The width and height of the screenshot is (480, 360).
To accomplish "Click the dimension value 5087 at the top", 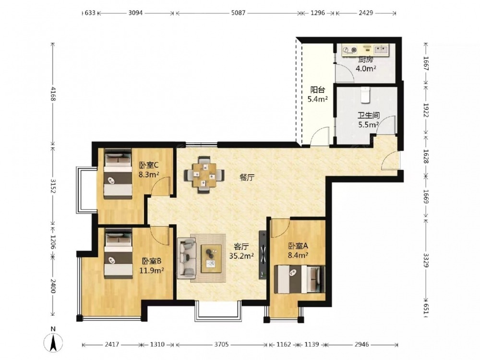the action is [238, 13].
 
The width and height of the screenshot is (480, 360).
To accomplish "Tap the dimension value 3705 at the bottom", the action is [221, 344].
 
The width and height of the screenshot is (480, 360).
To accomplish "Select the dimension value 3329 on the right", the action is [426, 260].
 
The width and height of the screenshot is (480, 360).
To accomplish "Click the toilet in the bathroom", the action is [365, 95].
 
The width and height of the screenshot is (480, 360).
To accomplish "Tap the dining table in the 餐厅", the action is [204, 175].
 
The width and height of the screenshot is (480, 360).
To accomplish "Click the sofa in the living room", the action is [186, 258].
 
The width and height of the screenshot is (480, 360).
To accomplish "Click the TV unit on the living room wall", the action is [263, 255].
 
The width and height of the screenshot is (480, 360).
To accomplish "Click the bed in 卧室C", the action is [118, 174].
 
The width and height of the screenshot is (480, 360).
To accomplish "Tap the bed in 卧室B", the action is [118, 253].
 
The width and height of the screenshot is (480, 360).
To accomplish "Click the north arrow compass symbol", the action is [53, 340].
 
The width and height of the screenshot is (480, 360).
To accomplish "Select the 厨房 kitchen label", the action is [366, 60].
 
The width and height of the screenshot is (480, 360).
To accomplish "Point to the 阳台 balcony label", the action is [318, 90].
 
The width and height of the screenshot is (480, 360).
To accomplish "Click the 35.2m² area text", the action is [241, 256].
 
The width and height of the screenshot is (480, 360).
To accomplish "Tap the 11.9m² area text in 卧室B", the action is [152, 270].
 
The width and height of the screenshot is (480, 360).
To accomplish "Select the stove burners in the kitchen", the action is [350, 49].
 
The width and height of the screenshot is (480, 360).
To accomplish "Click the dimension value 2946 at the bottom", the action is [361, 344].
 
